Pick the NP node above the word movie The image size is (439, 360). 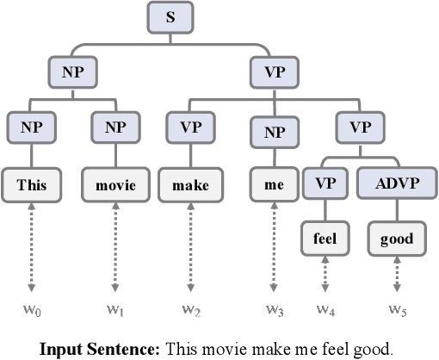(114, 127)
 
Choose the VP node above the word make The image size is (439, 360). (190, 127)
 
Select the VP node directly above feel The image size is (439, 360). (324, 183)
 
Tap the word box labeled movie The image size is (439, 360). (114, 183)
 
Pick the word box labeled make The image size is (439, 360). (190, 183)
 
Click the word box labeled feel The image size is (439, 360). (324, 238)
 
